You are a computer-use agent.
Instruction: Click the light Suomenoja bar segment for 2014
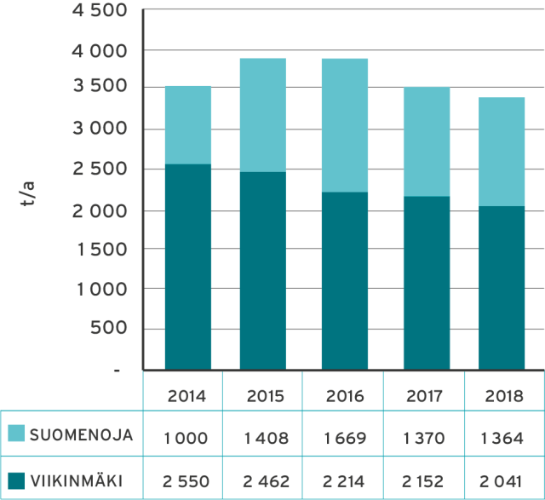[187, 124]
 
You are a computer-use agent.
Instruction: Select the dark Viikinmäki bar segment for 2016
[344, 280]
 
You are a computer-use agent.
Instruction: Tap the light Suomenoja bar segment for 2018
[502, 151]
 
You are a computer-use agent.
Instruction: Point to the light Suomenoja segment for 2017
[426, 141]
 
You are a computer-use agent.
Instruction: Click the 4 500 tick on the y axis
[98, 12]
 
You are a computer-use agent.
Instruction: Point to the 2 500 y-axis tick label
[98, 169]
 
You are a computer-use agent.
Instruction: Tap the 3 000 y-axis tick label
[98, 129]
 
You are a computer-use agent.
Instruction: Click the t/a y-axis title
[27, 195]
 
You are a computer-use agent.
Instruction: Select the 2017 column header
[426, 395]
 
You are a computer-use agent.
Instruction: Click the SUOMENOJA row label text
[81, 435]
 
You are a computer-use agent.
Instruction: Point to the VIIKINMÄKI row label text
[75, 481]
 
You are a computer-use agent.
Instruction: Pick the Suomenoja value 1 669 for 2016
[345, 438]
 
